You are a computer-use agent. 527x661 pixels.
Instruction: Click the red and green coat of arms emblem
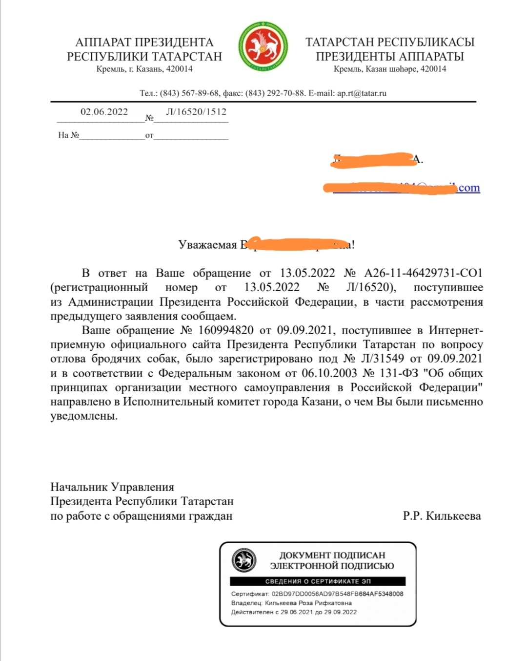pos(263,47)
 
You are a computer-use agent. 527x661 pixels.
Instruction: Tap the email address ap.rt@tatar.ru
pos(362,93)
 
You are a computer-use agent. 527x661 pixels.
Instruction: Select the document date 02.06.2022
pos(104,112)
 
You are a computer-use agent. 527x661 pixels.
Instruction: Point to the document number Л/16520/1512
pos(196,112)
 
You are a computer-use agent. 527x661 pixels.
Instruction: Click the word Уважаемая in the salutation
pos(207,245)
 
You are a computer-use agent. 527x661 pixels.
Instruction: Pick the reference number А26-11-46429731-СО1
pos(423,273)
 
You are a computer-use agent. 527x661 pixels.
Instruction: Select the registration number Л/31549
pos(382,359)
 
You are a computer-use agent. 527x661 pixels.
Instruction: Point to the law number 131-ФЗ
pos(399,373)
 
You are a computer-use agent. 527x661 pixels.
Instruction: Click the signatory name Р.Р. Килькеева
pos(442,516)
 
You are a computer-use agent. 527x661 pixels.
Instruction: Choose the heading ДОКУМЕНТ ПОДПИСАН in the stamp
pos(332,555)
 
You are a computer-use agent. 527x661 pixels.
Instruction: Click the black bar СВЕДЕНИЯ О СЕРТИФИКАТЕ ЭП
pos(318,581)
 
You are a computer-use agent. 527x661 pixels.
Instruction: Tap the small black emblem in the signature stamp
pos(244,560)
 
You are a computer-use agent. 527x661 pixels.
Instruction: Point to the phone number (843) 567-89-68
pos(189,93)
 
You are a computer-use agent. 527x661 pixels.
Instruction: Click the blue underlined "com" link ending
pos(469,188)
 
